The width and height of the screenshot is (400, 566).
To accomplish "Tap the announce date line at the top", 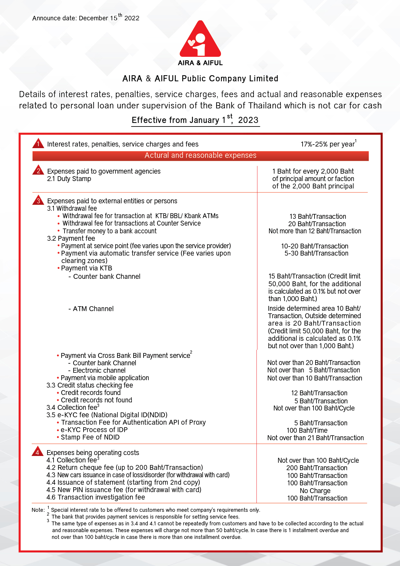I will point(86,18).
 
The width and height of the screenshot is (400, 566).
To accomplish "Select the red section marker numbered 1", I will point(38,144).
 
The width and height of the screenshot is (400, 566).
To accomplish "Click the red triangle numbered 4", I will point(37,452).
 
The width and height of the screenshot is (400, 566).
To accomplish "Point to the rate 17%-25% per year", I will point(328,144).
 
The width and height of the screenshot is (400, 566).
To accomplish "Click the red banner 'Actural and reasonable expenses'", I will point(200,156).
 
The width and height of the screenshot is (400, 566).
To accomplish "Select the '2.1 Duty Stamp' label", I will point(69,179).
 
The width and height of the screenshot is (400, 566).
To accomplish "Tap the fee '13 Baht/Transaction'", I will point(317,217).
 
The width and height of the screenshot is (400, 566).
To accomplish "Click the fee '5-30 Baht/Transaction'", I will point(316,253).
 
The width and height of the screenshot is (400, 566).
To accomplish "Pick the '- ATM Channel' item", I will point(91,309).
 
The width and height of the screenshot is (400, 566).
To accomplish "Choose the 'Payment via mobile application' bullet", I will point(105,378).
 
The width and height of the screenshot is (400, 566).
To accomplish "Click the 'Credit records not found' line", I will point(96,400).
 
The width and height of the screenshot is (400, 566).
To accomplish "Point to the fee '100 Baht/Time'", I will point(307,430).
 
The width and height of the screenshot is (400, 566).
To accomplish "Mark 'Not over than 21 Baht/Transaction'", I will point(315,438).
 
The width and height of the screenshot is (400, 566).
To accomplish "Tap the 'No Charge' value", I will point(315,491).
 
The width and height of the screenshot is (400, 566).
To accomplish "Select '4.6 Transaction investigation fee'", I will point(95,497).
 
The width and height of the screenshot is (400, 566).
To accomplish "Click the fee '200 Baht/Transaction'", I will point(317,468).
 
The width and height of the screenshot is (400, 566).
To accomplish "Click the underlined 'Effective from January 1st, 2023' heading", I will point(195,120).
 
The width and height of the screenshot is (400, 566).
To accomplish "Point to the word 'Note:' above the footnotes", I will point(38,510).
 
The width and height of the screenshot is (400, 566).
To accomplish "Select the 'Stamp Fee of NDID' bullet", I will point(90,437).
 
